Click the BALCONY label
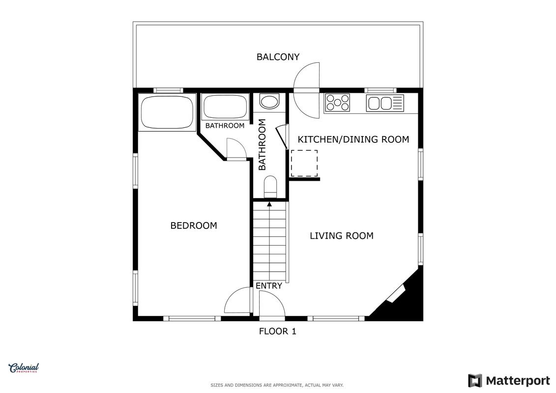click(x=278, y=56)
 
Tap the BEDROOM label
click(x=194, y=225)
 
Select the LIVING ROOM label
click(x=342, y=236)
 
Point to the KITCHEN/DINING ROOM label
click(x=353, y=139)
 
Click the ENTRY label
click(x=269, y=285)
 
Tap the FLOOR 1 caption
click(x=278, y=331)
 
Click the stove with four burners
click(x=338, y=102)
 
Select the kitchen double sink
click(x=385, y=103)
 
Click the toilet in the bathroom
click(x=270, y=186)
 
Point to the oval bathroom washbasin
click(x=270, y=101)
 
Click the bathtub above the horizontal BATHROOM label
click(x=225, y=107)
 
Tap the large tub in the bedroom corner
click(x=167, y=112)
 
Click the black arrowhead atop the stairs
click(x=269, y=204)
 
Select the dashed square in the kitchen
click(x=304, y=163)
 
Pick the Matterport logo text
click(x=518, y=381)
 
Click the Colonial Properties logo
click(x=24, y=368)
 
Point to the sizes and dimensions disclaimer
click(x=277, y=385)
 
